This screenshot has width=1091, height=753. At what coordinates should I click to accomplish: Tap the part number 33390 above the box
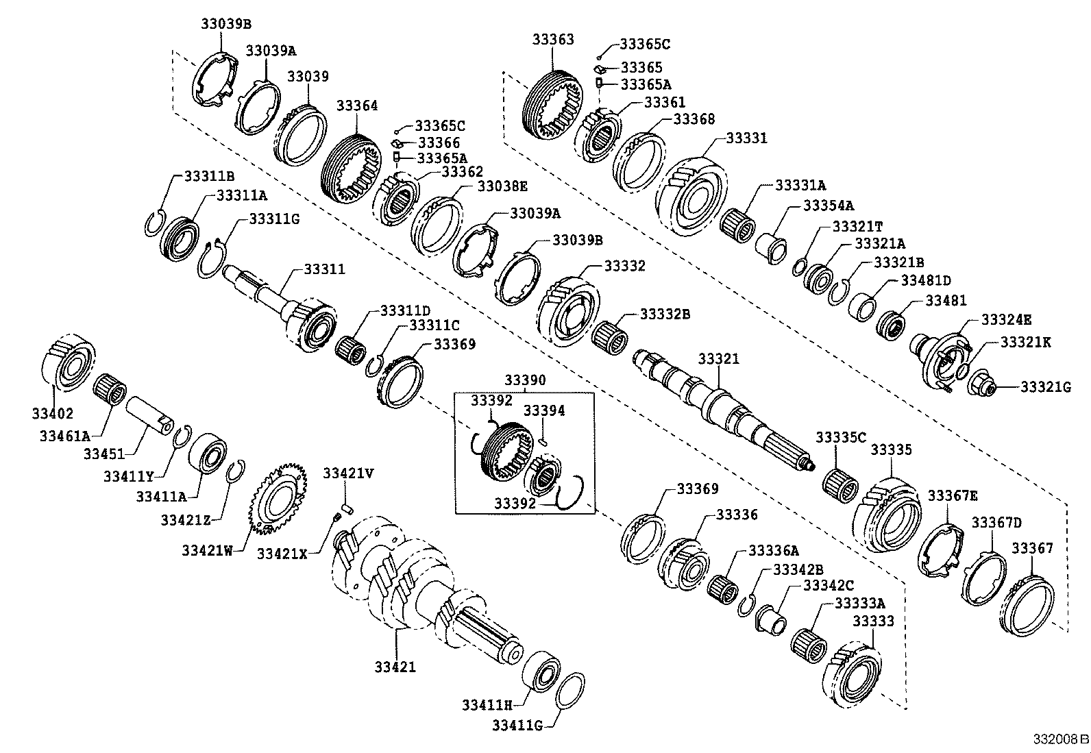click(525, 380)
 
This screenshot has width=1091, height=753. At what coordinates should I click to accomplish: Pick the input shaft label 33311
click(325, 269)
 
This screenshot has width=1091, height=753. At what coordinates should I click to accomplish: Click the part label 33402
click(52, 413)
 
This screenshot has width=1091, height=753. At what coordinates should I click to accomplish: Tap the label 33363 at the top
click(552, 40)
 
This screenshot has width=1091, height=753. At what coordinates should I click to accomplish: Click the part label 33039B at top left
click(225, 23)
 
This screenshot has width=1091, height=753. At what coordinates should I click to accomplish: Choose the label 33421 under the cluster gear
click(395, 666)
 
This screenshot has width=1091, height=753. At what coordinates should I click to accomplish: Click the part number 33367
click(1032, 548)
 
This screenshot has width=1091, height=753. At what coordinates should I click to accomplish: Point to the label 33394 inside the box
click(544, 410)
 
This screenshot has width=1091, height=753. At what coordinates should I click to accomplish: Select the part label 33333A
click(859, 603)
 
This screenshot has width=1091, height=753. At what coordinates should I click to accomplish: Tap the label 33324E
click(1006, 320)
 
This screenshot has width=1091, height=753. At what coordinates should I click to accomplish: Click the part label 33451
click(104, 454)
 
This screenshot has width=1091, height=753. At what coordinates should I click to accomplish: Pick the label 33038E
click(502, 186)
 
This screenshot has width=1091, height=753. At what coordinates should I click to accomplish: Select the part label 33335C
click(840, 437)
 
